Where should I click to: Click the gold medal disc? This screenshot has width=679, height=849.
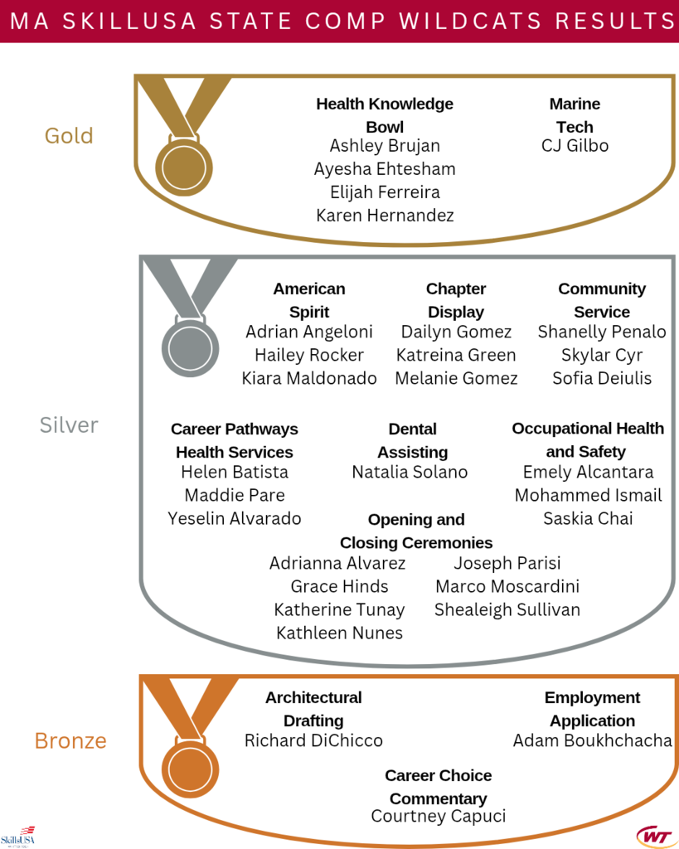[x=183, y=167]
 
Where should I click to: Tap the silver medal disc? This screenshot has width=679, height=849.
[x=190, y=348]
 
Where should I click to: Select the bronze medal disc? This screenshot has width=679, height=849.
[x=190, y=769]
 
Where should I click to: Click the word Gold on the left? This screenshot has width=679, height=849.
[x=69, y=136]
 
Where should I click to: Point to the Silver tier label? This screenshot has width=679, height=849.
[x=69, y=425]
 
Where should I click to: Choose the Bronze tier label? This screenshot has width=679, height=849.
[x=70, y=740]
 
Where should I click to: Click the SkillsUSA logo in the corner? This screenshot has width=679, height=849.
[x=18, y=837]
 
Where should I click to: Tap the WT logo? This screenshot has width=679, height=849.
[x=655, y=837]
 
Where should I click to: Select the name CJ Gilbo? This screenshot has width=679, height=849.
[x=575, y=146]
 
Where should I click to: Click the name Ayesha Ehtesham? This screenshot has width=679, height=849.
[x=385, y=169]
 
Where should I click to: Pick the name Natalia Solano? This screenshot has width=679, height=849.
[x=410, y=472]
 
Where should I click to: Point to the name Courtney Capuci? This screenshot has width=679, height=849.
[x=439, y=816]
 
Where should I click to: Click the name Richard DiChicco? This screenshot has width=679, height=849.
[x=313, y=740]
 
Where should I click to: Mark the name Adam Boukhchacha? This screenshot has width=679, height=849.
[x=593, y=740]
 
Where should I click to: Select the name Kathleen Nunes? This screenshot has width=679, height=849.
[x=340, y=633]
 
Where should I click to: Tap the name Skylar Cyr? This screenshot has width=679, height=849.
[x=602, y=355]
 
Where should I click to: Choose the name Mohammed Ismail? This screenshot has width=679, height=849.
[x=589, y=496]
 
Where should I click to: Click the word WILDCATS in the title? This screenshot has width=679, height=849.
[x=471, y=21]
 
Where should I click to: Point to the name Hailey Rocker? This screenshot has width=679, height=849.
[x=309, y=355]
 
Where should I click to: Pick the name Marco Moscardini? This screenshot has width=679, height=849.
[x=507, y=586]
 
